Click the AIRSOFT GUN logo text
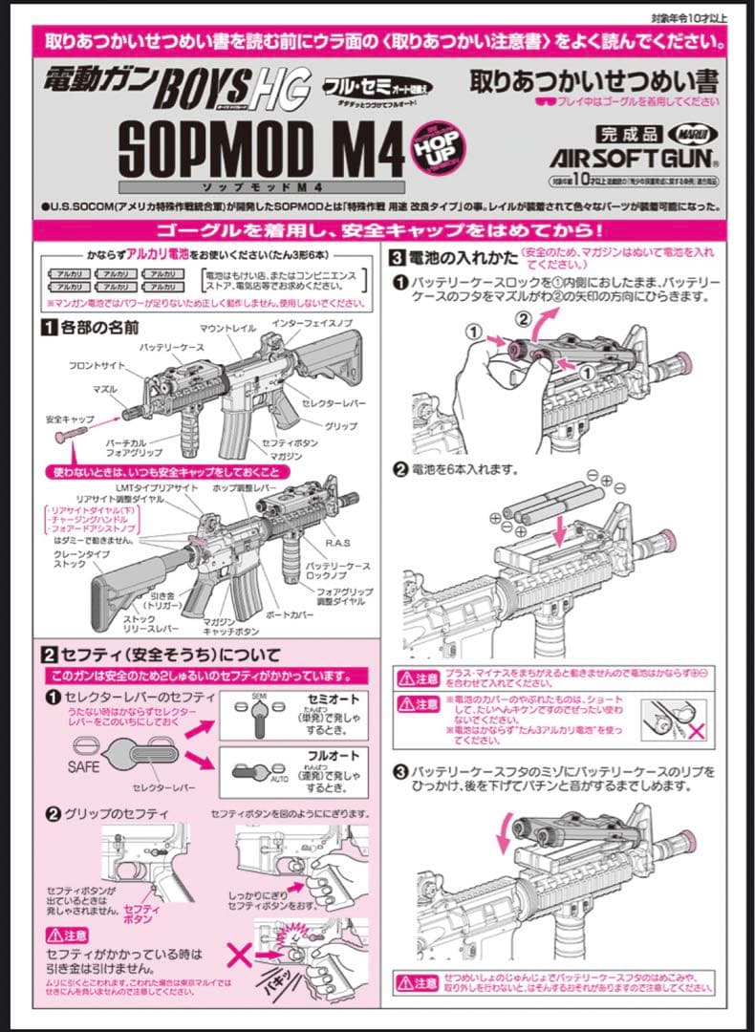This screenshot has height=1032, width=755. pos(633,156)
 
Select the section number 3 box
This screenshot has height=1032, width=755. pos(397,256)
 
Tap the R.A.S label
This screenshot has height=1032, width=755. pos(338,543)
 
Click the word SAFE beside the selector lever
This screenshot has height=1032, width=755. pos(83,766)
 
